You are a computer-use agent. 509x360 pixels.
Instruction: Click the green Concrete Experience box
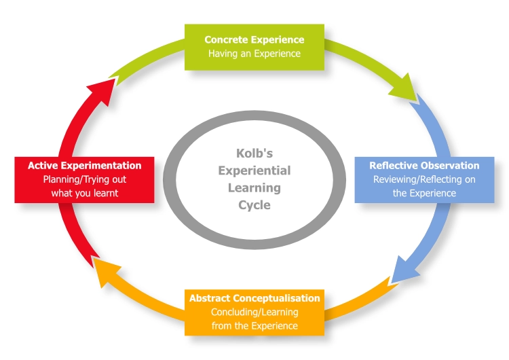click(254, 47)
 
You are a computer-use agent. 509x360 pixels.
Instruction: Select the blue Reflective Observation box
click(424, 179)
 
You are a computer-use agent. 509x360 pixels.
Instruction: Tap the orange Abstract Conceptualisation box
click(254, 312)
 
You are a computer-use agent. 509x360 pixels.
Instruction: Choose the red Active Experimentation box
click(84, 179)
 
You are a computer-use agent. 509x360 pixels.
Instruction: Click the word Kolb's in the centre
click(254, 154)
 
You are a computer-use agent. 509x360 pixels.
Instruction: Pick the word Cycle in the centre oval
click(254, 204)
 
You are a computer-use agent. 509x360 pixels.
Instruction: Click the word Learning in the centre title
click(254, 187)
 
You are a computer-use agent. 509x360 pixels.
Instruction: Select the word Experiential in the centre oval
click(254, 170)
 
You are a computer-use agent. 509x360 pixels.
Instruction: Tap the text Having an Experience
click(254, 54)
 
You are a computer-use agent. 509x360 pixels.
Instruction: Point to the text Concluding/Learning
click(254, 312)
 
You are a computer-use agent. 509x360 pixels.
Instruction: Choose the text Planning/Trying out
click(84, 180)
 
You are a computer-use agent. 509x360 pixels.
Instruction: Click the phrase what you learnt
click(84, 193)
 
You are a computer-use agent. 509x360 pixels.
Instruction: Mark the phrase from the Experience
click(254, 325)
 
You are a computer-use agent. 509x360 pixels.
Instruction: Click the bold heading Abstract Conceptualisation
click(254, 298)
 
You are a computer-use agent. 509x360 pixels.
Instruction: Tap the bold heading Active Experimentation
click(84, 166)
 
